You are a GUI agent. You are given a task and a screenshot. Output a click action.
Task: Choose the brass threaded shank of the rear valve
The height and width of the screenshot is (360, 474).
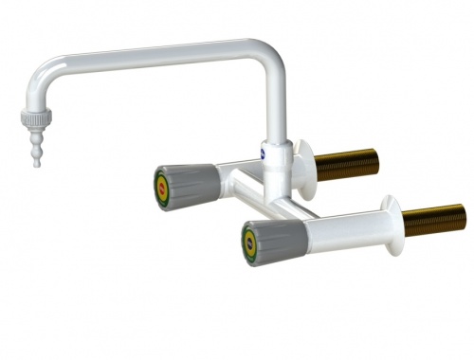(x=351, y=161)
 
